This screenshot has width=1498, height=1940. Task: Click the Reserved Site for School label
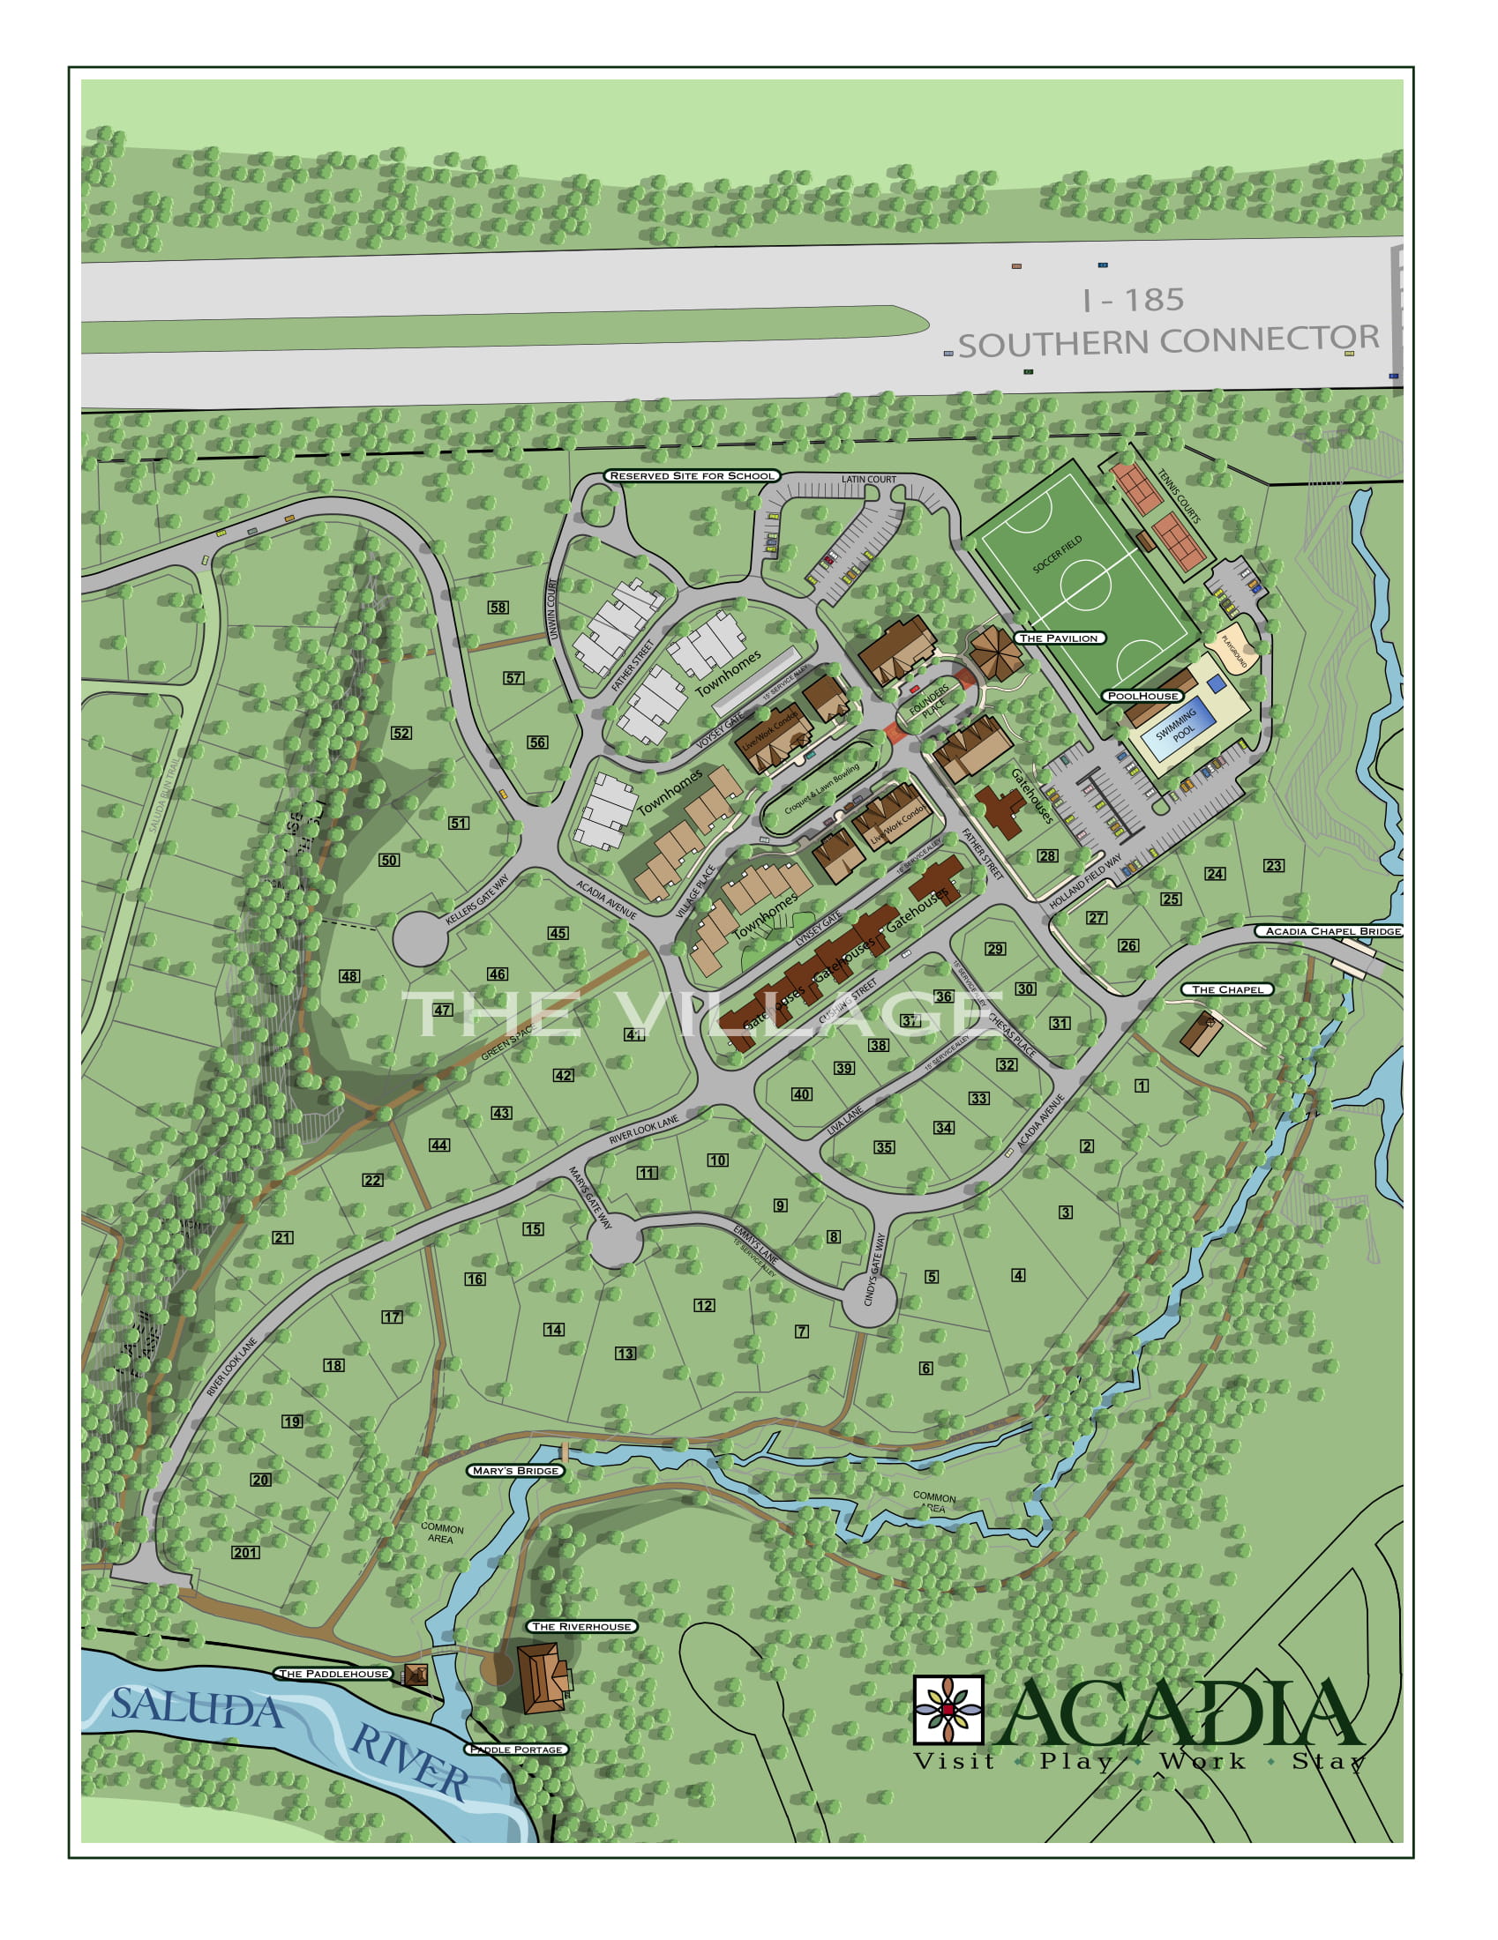[693, 475]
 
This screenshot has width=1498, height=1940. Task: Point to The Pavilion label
[1058, 638]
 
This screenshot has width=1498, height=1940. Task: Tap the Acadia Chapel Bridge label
[1328, 931]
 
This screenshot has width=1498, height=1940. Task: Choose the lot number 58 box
[498, 608]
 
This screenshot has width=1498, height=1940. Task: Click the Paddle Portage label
[515, 1749]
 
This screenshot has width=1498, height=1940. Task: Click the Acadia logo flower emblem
[948, 1709]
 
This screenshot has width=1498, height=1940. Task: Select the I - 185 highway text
[1133, 300]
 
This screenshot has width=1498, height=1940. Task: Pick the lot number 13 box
[625, 1353]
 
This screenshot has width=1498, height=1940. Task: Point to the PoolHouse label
[1143, 696]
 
